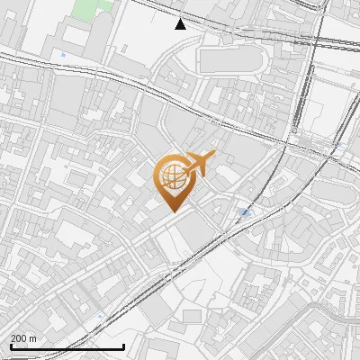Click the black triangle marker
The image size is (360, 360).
point(181,24)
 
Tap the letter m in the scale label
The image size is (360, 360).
point(34,338)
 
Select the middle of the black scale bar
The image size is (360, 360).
point(67,346)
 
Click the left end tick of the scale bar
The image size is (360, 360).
point(11,346)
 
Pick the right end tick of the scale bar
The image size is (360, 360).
point(123,346)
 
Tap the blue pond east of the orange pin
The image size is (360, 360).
point(246,212)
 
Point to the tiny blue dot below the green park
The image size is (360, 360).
point(62,55)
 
